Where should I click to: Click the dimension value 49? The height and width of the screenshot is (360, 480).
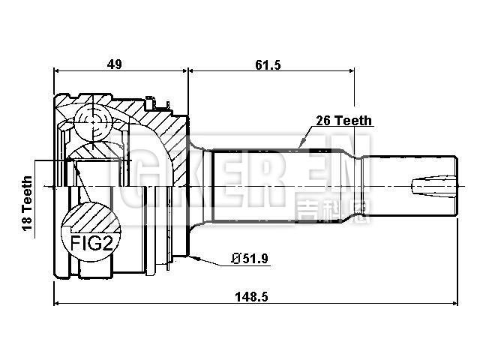coord(115,65)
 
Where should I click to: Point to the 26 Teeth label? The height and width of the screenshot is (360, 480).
coord(342,121)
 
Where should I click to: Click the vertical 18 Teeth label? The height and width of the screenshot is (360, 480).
coord(28,205)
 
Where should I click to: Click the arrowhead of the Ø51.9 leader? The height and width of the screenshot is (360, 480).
coord(193,258)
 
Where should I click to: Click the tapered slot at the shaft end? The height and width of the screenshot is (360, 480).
coord(430,184)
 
